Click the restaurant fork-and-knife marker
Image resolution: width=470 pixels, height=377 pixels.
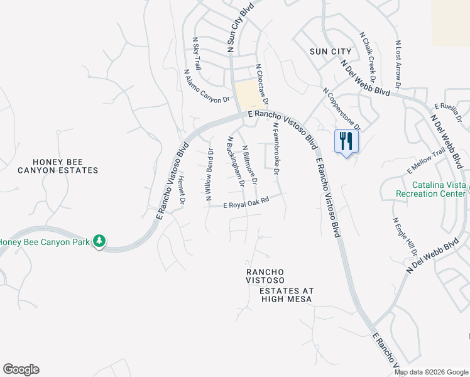(x=344, y=141)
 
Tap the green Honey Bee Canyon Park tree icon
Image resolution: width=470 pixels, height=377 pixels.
(x=99, y=241)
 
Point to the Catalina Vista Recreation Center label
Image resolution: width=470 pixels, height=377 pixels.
(x=431, y=189)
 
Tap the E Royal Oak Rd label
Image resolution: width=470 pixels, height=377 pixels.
(x=246, y=202)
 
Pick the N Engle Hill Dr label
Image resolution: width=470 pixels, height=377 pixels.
(x=405, y=238)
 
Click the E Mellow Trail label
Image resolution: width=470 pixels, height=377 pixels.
(x=427, y=161)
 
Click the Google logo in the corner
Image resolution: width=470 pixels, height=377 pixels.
(x=21, y=369)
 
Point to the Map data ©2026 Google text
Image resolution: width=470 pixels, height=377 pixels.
(x=432, y=372)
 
